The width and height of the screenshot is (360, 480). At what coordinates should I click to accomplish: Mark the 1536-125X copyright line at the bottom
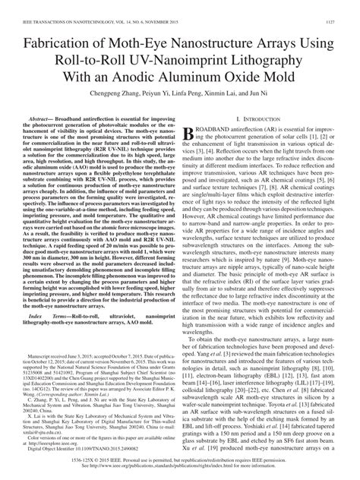(180, 459)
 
